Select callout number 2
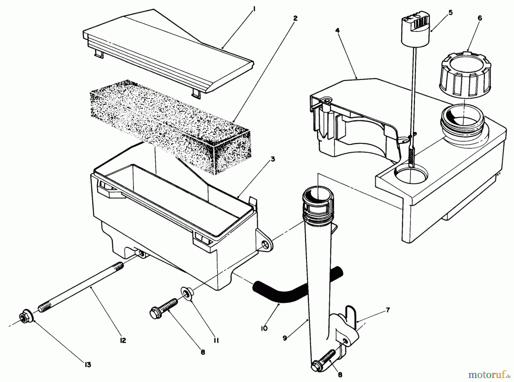tap(295, 19)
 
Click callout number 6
tap(479, 18)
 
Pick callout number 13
tap(88, 365)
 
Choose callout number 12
tap(123, 340)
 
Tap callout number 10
tap(264, 329)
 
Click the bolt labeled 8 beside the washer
tap(164, 308)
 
